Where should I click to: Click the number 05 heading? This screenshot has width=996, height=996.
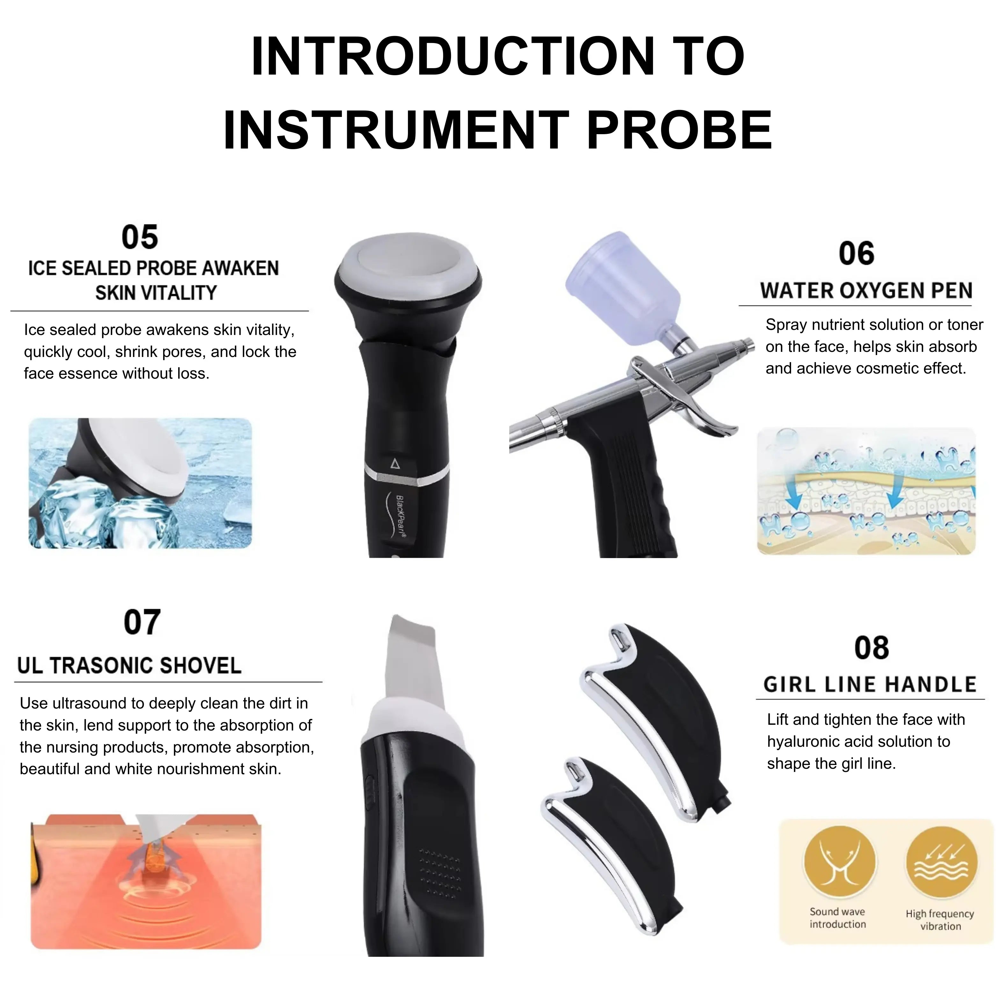tap(140, 237)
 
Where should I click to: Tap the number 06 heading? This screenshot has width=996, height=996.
tap(856, 254)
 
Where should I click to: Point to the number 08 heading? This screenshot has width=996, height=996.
tap(871, 648)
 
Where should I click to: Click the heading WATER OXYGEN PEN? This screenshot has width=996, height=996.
tap(866, 291)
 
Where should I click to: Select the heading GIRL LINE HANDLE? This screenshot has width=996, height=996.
tap(870, 685)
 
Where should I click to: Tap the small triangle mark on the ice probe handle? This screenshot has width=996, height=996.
tap(396, 463)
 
